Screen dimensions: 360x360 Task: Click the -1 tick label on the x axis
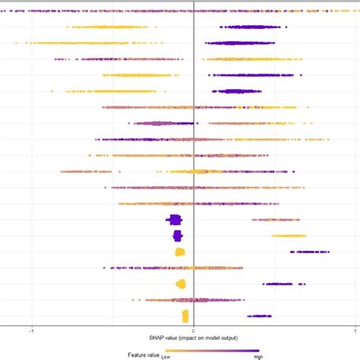(31, 332)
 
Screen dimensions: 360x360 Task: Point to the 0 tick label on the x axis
(193, 332)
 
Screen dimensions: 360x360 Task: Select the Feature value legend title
(143, 354)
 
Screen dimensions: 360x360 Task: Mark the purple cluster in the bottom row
(258, 316)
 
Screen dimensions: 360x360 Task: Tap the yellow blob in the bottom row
(185, 316)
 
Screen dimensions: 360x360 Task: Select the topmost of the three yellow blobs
(179, 252)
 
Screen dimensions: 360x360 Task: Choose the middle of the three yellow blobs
(180, 284)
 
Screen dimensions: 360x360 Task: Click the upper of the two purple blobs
(175, 220)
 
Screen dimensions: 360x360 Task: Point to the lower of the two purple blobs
(175, 236)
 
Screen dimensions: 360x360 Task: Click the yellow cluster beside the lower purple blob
(289, 236)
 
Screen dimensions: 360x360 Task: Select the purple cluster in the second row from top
(251, 27)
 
